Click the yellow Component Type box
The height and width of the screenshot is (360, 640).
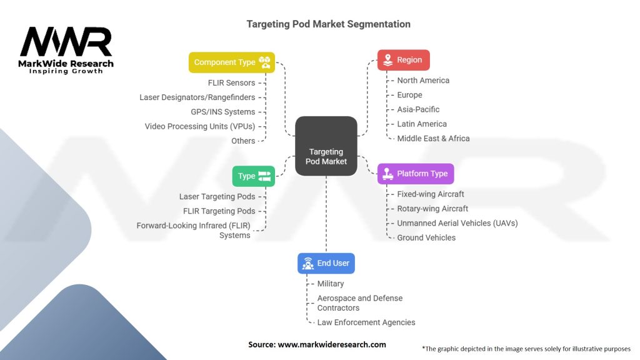(x=232, y=62)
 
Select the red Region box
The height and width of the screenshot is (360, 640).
(x=403, y=60)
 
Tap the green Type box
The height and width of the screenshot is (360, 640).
(x=254, y=176)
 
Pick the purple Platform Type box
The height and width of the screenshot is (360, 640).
(x=416, y=174)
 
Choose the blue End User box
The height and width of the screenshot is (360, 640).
(x=326, y=263)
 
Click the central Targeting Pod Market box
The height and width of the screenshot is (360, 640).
(x=326, y=146)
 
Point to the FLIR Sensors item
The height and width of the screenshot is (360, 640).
(x=231, y=83)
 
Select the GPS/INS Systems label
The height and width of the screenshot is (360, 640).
(x=223, y=112)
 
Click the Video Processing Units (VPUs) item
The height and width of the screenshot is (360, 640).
(x=200, y=126)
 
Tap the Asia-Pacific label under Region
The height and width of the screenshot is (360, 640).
(x=418, y=109)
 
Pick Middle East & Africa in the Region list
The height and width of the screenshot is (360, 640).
(x=434, y=138)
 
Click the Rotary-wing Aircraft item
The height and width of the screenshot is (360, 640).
(x=432, y=209)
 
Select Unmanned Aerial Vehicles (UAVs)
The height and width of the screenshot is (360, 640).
(x=457, y=223)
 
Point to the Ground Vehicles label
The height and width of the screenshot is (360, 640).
(x=426, y=237)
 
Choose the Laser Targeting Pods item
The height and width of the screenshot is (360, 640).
(x=217, y=197)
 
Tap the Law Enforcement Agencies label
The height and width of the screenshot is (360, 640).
(x=366, y=322)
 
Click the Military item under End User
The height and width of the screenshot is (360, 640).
(x=331, y=284)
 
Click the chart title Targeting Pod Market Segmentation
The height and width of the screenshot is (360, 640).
(x=329, y=24)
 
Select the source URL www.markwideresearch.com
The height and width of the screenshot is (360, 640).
(x=332, y=344)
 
